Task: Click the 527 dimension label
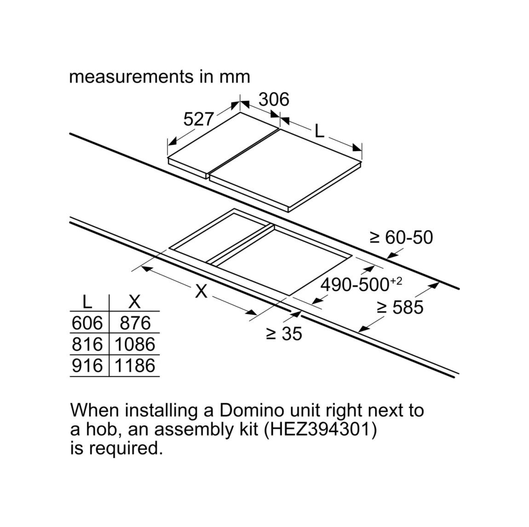click(199, 119)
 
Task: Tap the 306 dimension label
click(274, 99)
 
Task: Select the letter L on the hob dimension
click(320, 131)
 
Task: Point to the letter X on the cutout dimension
click(201, 291)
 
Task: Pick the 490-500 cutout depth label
click(361, 285)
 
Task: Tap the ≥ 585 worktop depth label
click(400, 307)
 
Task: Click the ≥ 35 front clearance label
click(284, 334)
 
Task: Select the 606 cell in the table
click(87, 323)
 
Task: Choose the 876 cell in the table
click(135, 323)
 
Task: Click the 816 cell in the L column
click(87, 345)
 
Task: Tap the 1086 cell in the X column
click(135, 345)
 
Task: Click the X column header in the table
click(135, 302)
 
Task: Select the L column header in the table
click(87, 302)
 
